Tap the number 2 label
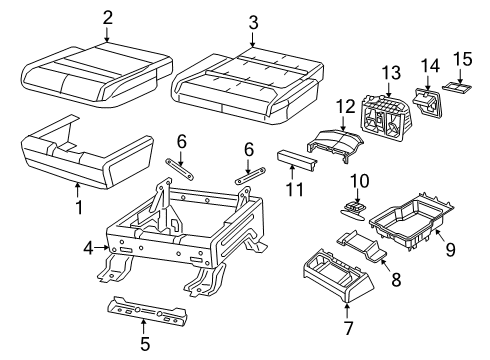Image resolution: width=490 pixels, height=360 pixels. [x=108, y=17]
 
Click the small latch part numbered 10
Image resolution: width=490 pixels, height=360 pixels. [x=353, y=208]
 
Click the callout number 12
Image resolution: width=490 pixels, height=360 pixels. [x=345, y=105]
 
